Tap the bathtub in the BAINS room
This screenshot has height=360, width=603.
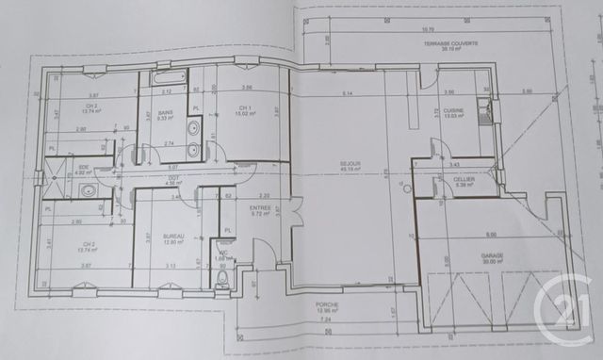pyautogui.click(x=171, y=78)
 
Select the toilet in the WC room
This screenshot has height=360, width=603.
pyautogui.click(x=223, y=278)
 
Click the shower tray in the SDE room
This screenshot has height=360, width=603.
pyautogui.click(x=58, y=171)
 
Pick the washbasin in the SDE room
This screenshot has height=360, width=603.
pyautogui.click(x=89, y=191)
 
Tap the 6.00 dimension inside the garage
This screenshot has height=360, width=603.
pyautogui.click(x=491, y=235)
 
